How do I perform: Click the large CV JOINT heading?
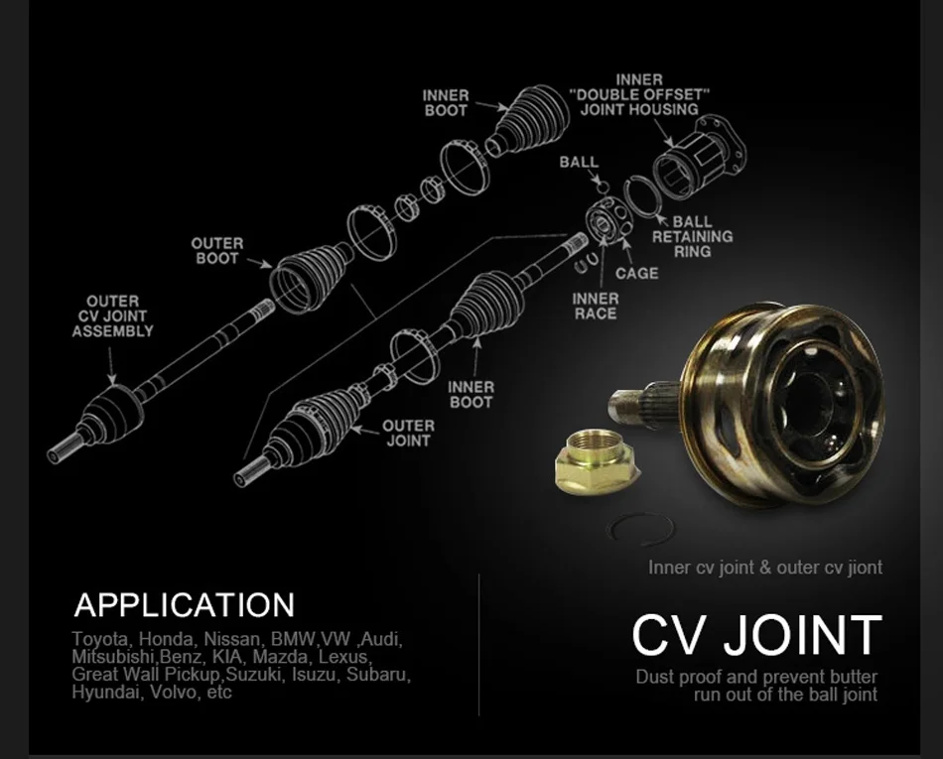coord(756,635)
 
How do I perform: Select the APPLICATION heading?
coord(185,604)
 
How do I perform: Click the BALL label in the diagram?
coord(579,162)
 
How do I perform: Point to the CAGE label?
coord(636,273)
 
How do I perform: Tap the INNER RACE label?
coord(596,306)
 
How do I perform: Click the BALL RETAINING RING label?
coord(692,236)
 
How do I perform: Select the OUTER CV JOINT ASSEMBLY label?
coord(112,316)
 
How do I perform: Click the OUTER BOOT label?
coord(216,250)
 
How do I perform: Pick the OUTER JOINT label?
coord(408,433)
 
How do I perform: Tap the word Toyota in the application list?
coord(100,639)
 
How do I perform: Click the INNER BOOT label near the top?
coord(446,102)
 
